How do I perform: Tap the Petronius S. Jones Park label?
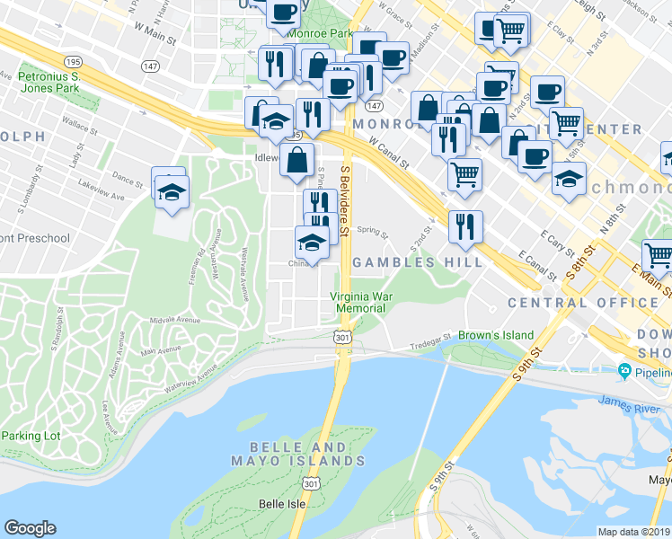tap(49, 84)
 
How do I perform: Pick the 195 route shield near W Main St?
tap(74, 61)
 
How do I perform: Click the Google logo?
tap(30, 528)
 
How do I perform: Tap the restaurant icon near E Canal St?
tap(464, 225)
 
